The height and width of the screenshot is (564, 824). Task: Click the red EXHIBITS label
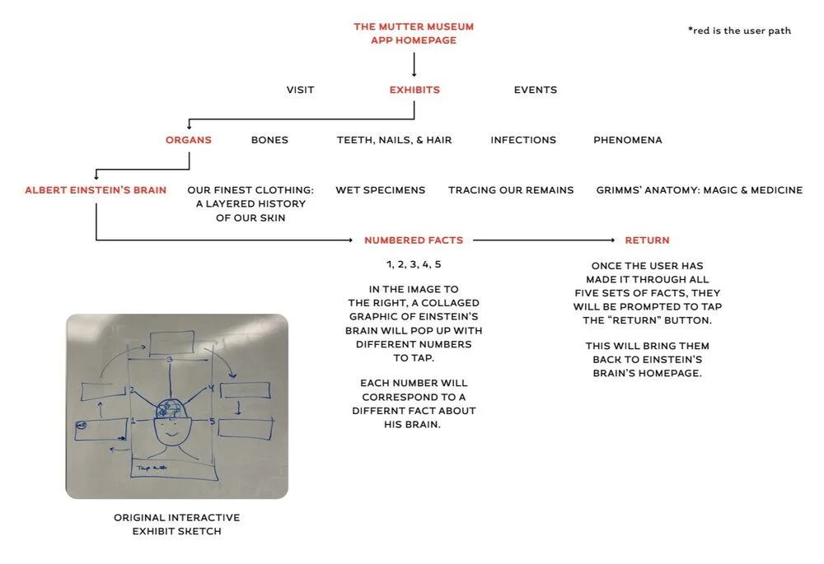(x=414, y=90)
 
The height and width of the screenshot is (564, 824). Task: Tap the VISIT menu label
(x=300, y=90)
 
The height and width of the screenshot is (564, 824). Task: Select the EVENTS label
(x=536, y=90)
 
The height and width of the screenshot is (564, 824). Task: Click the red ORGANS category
(x=189, y=140)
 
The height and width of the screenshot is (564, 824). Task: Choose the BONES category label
(x=269, y=140)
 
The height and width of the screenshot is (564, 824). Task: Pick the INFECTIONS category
(x=523, y=140)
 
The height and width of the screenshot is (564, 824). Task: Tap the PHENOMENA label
(x=628, y=140)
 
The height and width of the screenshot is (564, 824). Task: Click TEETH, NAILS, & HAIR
(x=394, y=140)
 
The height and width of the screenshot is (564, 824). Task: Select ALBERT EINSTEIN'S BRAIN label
(x=96, y=190)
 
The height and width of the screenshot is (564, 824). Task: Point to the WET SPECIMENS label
(x=381, y=190)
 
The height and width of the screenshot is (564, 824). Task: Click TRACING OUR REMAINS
(x=511, y=190)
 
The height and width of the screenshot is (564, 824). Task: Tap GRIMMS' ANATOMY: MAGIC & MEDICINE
(x=700, y=190)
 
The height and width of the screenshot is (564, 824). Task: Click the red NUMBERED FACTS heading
(x=414, y=240)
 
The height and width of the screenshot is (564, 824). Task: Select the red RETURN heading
(x=647, y=240)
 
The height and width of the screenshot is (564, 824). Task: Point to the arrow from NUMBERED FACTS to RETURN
(x=544, y=240)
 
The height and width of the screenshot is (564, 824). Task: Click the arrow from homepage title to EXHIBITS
(x=414, y=64)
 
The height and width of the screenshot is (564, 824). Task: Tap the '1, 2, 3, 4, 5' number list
(x=414, y=264)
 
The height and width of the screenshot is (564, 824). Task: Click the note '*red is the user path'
(x=739, y=30)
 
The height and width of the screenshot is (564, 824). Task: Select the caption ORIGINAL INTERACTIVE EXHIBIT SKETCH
(x=177, y=524)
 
